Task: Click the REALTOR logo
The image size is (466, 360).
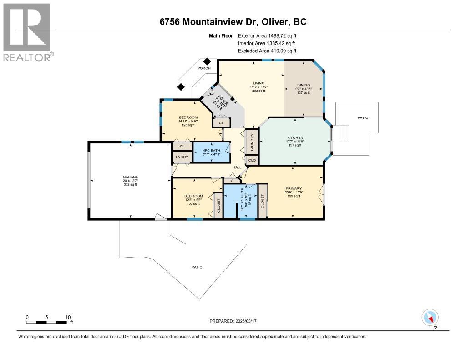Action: [x=27, y=32]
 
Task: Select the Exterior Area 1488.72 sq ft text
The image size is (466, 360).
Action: [x=267, y=35]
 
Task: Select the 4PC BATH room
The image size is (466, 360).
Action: [x=211, y=152]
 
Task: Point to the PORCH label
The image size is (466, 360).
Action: [x=204, y=68]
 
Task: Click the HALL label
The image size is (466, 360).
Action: [x=237, y=167]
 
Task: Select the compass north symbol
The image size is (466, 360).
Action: [x=430, y=317]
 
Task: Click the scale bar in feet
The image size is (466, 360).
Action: [x=47, y=322]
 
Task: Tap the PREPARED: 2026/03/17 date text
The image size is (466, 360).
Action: [x=233, y=321]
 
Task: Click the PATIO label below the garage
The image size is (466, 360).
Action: [x=197, y=267]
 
